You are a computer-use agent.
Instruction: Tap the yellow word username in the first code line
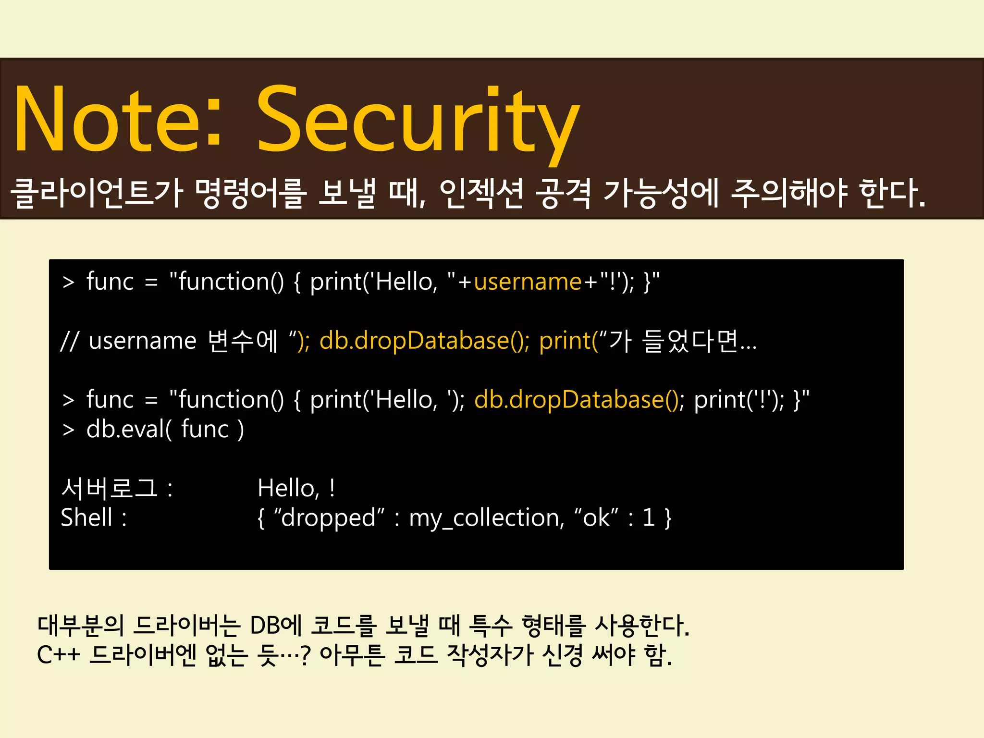(528, 282)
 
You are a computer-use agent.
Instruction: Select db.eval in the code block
(127, 429)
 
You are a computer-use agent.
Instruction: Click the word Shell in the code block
(86, 517)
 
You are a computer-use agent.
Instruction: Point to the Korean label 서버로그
(109, 488)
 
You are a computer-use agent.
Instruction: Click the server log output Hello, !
(296, 488)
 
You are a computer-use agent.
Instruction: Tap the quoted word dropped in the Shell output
(329, 517)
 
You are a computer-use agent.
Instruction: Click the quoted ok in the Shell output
(596, 517)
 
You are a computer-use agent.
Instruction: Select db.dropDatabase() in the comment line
(424, 341)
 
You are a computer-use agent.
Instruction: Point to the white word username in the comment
(143, 341)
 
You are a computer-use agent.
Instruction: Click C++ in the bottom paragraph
(59, 655)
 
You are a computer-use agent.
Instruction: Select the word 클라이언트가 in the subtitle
(96, 193)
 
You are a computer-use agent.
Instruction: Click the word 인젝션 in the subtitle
(481, 193)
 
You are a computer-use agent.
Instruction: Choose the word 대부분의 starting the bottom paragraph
(81, 626)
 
